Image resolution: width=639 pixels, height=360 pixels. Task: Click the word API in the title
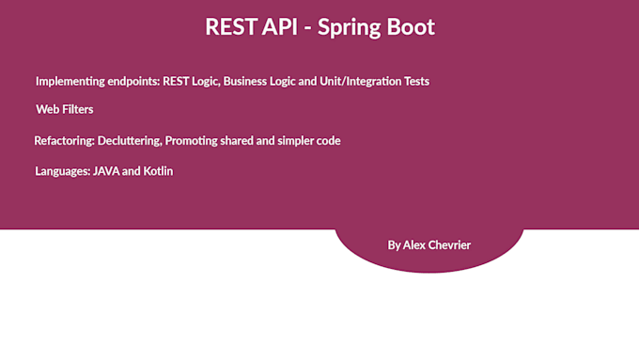[278, 27]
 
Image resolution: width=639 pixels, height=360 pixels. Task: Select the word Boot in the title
[413, 27]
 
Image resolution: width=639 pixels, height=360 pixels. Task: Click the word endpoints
[133, 82]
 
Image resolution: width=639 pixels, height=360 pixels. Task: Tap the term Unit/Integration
[351, 82]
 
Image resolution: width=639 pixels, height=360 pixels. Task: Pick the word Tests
[413, 82]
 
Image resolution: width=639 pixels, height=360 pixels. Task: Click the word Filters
[78, 110]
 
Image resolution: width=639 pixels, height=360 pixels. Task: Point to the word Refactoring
[65, 141]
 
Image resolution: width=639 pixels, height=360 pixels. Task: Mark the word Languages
[62, 172]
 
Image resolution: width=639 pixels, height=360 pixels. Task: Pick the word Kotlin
[158, 172]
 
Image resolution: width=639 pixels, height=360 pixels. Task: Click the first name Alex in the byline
[415, 245]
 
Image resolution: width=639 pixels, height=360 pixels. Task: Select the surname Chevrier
[451, 245]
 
